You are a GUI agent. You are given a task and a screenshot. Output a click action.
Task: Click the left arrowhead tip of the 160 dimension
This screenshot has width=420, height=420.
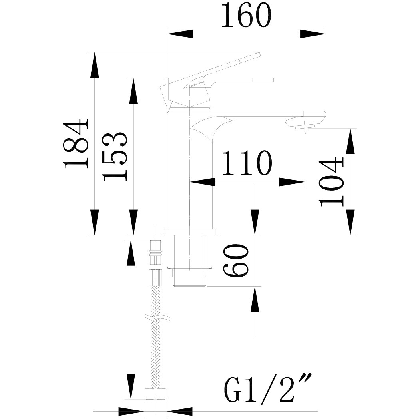pyautogui.click(x=167, y=34)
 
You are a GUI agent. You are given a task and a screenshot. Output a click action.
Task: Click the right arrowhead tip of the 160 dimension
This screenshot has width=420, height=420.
pyautogui.click(x=326, y=34)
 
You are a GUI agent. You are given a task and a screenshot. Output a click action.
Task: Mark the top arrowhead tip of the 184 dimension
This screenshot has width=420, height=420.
pyautogui.click(x=94, y=52)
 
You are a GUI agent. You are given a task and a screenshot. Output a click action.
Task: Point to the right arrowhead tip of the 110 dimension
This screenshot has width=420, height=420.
pyautogui.click(x=305, y=182)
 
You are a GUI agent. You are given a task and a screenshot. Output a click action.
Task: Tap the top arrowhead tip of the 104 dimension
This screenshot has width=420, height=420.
pyautogui.click(x=351, y=128)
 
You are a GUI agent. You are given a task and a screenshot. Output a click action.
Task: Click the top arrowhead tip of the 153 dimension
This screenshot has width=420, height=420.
pyautogui.click(x=133, y=78)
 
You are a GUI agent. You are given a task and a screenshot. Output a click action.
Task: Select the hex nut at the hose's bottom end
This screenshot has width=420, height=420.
pyautogui.click(x=155, y=393)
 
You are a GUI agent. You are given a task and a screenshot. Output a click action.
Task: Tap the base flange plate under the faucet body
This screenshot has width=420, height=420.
pyautogui.click(x=190, y=232)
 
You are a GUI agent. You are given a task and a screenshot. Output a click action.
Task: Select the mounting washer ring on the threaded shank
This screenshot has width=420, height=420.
pyautogui.click(x=190, y=267)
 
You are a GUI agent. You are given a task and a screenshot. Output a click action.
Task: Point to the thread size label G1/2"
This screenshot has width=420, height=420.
pyautogui.click(x=268, y=388)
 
